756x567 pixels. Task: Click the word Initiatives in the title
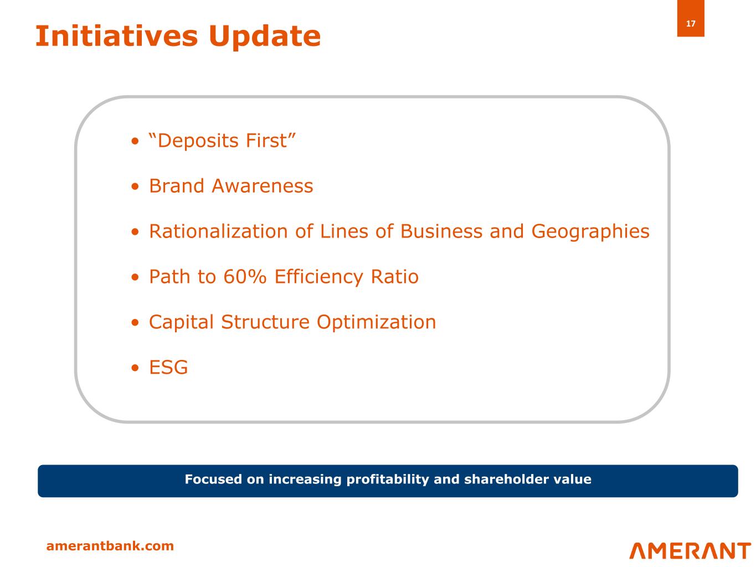coord(117,36)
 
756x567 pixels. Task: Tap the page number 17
coord(690,23)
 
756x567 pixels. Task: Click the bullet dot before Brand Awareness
coord(135,186)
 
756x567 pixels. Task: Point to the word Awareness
coord(262,186)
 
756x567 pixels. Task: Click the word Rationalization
coord(218,231)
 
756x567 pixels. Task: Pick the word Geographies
coord(590,232)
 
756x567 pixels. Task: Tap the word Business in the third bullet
coord(441,231)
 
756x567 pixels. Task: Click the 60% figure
coord(245,276)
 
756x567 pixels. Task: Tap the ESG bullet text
coord(168,367)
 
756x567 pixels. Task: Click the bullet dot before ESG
coord(135,368)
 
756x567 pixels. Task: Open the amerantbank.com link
coord(110,546)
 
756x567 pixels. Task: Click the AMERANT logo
coord(690,550)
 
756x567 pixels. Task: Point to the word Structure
coord(265,322)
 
